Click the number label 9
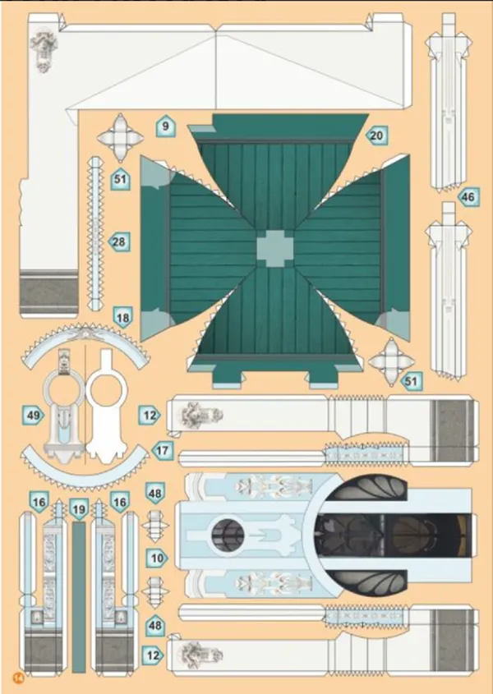point(165,126)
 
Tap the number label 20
point(376,136)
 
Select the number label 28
point(119,241)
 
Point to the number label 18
point(123,317)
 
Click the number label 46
point(468,197)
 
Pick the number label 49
point(34,416)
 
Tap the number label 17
point(162,450)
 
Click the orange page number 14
point(17,676)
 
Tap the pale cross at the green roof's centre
point(274,247)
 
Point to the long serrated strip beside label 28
point(95,237)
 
